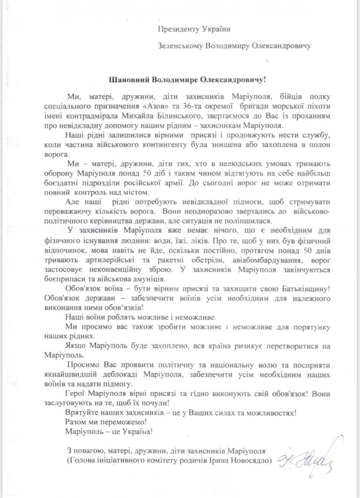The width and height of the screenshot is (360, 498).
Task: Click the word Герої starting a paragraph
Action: coord(77,394)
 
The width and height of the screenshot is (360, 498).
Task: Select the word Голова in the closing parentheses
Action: coord(81,460)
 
